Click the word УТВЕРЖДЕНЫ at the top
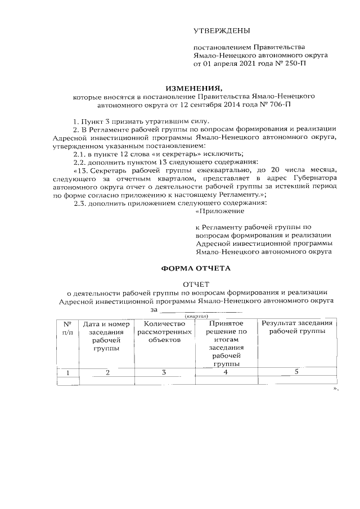[x=222, y=30]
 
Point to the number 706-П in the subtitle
[x=278, y=105]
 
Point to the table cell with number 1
[x=67, y=372]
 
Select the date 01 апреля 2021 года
[x=240, y=65]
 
